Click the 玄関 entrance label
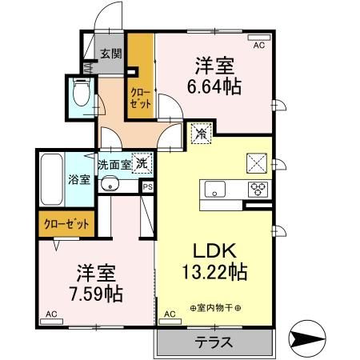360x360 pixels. coord(111,54)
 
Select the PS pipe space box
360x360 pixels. coord(147,186)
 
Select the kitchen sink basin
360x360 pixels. coord(217,190)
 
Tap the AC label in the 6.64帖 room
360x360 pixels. coord(258,46)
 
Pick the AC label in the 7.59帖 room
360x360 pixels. coord(50,315)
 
